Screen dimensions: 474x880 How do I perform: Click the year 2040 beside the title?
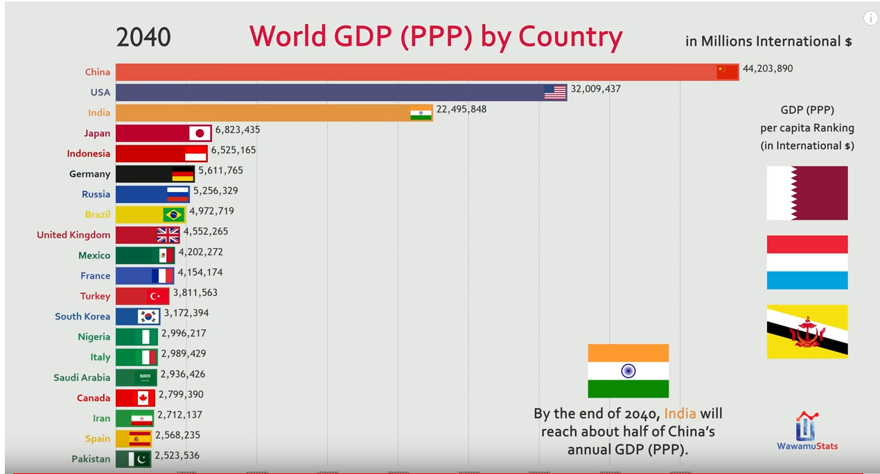[143, 37]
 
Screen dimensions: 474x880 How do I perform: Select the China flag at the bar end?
[727, 72]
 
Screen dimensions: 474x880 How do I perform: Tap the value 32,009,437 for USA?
[595, 89]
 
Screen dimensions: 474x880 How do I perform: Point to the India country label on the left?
[99, 113]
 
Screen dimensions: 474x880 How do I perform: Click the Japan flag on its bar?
[200, 133]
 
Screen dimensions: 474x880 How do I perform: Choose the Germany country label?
[89, 174]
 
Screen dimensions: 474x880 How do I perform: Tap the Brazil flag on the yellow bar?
[173, 215]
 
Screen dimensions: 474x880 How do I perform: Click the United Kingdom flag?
[168, 235]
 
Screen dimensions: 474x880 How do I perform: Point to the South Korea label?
[82, 317]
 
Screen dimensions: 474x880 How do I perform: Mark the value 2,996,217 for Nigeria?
[184, 333]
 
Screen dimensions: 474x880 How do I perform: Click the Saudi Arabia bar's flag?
[146, 378]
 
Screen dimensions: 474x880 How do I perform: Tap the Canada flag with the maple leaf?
[143, 398]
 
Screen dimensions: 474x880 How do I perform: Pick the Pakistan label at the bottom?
[91, 459]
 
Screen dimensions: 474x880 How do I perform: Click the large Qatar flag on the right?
[807, 193]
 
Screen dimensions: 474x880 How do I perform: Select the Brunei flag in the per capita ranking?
[807, 332]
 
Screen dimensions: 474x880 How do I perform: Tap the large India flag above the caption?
[628, 371]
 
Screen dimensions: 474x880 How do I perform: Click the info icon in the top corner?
[870, 19]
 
